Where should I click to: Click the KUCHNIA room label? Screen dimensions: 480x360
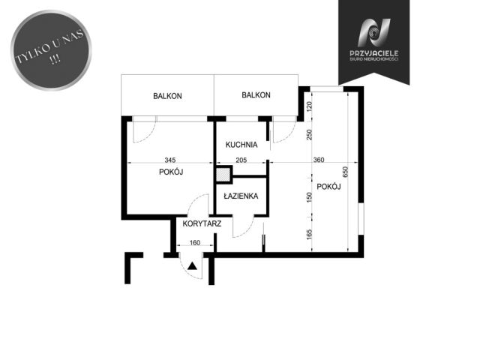pos(241,145)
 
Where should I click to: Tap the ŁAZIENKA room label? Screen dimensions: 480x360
pos(241,196)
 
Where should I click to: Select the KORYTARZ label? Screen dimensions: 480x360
pos(202,223)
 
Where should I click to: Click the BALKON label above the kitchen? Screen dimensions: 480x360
pos(256,95)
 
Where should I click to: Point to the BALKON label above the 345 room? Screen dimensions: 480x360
pos(167,96)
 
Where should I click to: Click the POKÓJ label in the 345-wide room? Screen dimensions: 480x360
pos(171,172)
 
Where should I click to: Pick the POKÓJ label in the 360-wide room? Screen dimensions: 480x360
pos(328,187)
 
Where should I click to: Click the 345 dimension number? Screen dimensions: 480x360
pos(170,160)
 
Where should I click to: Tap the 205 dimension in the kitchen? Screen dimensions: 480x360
pos(241,160)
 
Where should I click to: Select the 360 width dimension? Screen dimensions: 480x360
pos(319,160)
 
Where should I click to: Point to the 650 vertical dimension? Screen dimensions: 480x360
pos(345,172)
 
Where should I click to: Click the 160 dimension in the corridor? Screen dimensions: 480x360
pos(195,243)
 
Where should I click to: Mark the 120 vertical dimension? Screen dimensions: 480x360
pos(309,106)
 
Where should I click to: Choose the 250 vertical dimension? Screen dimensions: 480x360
pos(309,135)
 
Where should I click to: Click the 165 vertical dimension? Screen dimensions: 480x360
pos(309,235)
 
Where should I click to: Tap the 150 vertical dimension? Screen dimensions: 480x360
pos(309,197)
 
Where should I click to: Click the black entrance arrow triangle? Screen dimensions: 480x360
pos(192,266)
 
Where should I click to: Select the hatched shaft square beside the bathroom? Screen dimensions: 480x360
pos(223,175)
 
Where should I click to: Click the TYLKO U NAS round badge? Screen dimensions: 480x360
pos(51,50)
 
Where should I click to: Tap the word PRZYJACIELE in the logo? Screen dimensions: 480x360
pos(373,53)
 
